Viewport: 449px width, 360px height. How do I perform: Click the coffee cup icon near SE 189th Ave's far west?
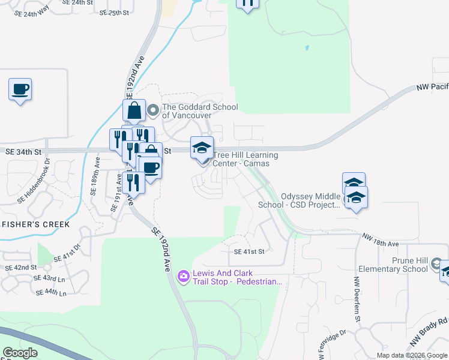click(x=20, y=89)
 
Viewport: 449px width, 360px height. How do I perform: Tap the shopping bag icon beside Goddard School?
click(x=134, y=111)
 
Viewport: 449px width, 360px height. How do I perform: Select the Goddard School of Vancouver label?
click(x=200, y=111)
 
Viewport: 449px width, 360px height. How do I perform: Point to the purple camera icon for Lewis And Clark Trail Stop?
click(x=184, y=276)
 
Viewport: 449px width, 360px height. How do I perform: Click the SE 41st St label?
click(x=249, y=252)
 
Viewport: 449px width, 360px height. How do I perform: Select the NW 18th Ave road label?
click(x=380, y=241)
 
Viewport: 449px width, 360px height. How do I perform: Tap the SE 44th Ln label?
click(x=52, y=292)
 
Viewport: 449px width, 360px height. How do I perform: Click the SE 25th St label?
click(x=115, y=12)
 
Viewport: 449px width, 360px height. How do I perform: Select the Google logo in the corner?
click(x=20, y=353)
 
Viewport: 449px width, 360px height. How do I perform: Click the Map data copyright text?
click(x=412, y=355)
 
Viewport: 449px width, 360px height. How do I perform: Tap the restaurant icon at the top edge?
click(x=247, y=4)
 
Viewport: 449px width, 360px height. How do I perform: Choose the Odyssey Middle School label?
click(x=299, y=200)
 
